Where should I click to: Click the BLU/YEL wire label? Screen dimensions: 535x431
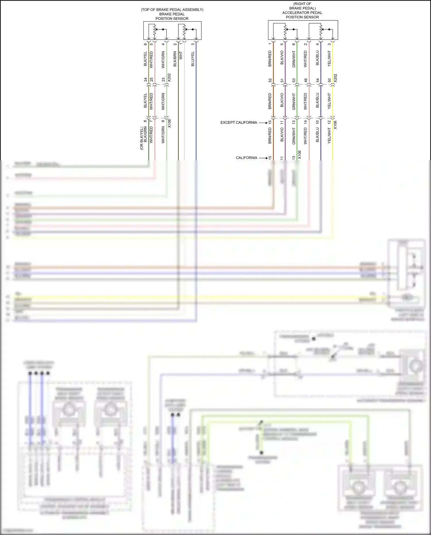(193, 59)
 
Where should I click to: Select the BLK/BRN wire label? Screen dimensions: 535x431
(175, 59)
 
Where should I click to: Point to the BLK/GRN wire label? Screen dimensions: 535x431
(145, 135)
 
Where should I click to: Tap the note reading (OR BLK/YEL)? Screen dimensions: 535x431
(141, 138)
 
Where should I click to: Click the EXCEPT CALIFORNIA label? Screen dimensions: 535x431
(238, 122)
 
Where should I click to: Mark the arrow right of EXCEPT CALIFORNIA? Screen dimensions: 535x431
(263, 123)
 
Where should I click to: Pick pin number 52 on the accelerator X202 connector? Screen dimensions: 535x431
(270, 80)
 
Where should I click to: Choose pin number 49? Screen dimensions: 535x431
(306, 80)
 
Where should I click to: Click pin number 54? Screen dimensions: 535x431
(318, 80)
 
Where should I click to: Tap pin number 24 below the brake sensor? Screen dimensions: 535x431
(145, 80)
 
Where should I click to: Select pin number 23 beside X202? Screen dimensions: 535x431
(163, 80)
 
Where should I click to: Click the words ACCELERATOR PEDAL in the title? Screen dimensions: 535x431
(302, 13)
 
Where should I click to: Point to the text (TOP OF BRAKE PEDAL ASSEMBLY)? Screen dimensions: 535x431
(172, 10)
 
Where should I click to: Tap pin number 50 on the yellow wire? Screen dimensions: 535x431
(330, 80)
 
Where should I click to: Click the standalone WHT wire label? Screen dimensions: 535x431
(181, 55)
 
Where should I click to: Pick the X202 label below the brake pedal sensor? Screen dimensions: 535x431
(169, 78)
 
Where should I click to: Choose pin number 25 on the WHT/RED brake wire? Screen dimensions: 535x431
(151, 80)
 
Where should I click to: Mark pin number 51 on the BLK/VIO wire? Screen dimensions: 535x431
(282, 80)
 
